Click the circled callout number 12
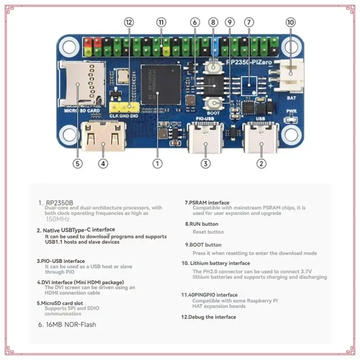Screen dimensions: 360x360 coord(130,22)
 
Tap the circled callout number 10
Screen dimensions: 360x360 coord(290,22)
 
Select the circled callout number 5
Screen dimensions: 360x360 coord(78,164)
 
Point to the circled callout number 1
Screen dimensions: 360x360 coord(157,164)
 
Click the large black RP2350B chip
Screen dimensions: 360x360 coord(160,83)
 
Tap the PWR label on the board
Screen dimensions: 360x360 coord(291,111)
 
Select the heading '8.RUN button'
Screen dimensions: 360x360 coord(202,224)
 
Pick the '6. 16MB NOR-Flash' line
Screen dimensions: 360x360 coord(67,324)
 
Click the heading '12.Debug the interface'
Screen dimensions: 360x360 coord(208,317)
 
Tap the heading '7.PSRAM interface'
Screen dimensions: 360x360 coord(207,202)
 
